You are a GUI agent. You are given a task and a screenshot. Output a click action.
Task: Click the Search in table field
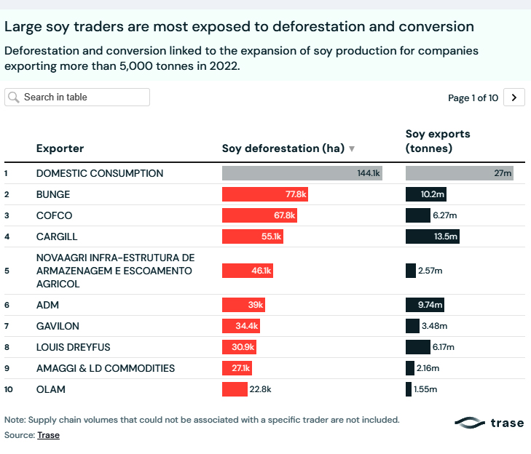77,97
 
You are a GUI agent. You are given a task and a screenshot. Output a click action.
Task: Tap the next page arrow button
514,97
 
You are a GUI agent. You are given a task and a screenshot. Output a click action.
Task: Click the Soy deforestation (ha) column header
283,148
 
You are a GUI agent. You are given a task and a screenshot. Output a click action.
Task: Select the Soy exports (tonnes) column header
438,141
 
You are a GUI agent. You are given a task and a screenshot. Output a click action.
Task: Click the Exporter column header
60,148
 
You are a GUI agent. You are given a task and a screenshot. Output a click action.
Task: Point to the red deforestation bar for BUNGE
265,194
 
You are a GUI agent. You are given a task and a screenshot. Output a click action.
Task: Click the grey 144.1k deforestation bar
302,173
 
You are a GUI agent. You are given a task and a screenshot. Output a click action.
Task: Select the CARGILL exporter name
57,236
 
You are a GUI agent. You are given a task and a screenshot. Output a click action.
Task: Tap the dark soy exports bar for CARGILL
432,236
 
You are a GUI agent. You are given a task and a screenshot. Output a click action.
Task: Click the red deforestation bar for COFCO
259,215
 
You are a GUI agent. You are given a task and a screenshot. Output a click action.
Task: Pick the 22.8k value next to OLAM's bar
260,389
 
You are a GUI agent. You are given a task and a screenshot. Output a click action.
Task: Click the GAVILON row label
58,326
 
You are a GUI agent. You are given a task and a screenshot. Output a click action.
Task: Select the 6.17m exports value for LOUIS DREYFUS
444,347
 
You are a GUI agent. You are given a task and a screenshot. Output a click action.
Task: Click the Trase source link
48,435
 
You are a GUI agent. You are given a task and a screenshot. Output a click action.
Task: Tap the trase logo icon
470,423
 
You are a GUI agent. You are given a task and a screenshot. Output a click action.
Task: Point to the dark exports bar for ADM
425,305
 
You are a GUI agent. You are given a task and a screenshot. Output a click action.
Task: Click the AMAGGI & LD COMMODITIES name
106,368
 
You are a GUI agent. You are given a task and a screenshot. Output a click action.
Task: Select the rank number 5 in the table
7,271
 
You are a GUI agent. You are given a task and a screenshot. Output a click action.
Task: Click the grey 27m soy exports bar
459,173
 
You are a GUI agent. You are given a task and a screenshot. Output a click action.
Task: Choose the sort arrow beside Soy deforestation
352,149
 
